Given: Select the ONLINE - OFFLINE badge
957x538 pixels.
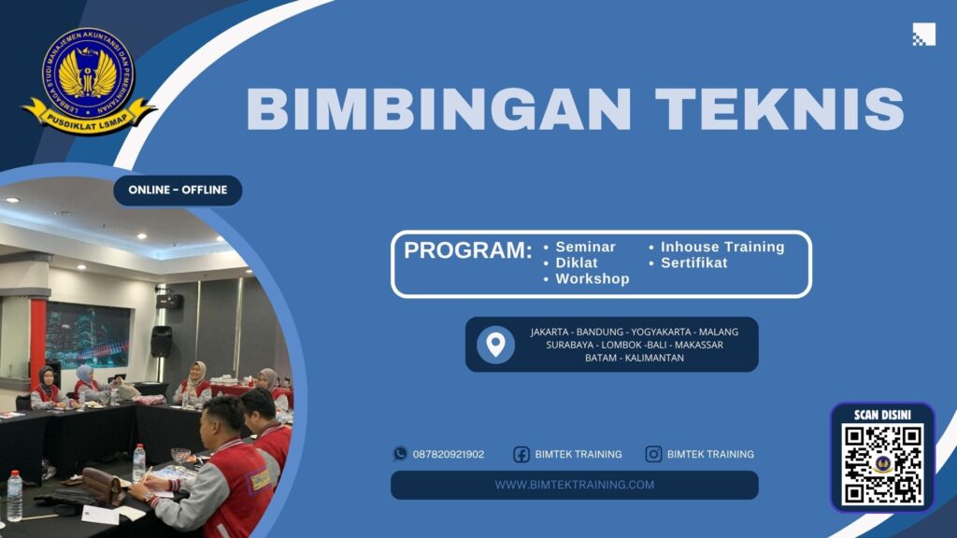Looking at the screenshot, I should point(178,191).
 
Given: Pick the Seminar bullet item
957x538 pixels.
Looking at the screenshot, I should point(585,247).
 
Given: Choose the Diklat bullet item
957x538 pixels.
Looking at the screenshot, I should point(577,262).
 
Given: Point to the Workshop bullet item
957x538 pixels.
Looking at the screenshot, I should point(592,278).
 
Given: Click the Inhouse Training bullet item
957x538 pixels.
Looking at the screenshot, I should point(721,247).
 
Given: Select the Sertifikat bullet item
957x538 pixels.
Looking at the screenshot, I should point(693,262).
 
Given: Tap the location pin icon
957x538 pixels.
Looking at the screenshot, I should point(495,344).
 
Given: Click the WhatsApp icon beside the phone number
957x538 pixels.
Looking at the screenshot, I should point(400,454).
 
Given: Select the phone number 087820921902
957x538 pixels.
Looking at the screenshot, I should point(449,454).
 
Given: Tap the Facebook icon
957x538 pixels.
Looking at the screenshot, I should point(521,454).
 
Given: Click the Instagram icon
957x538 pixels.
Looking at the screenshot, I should point(654,454).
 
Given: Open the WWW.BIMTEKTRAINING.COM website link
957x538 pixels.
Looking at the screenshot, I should point(574,485).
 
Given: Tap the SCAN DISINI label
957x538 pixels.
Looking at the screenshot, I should point(882,415).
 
